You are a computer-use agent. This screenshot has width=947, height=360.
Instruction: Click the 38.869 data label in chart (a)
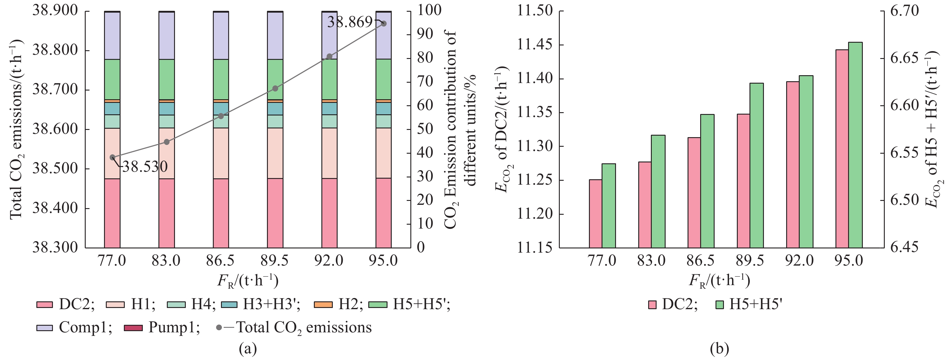[349, 23]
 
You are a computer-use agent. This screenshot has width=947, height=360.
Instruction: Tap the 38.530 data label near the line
[145, 167]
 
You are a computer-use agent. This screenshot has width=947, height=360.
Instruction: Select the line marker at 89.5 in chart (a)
[275, 89]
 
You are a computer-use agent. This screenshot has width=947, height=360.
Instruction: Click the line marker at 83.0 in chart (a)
[167, 142]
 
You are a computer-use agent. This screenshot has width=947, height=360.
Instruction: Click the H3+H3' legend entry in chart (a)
[261, 304]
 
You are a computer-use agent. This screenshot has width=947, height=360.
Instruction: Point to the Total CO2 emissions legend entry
[294, 327]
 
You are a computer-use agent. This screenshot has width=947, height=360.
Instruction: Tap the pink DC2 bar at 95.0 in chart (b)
[842, 149]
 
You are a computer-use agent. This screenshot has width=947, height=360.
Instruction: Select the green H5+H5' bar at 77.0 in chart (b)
[609, 205]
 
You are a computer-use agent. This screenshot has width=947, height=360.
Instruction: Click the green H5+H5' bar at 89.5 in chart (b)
[757, 165]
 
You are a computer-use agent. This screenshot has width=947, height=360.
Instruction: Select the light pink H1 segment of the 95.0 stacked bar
[383, 153]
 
